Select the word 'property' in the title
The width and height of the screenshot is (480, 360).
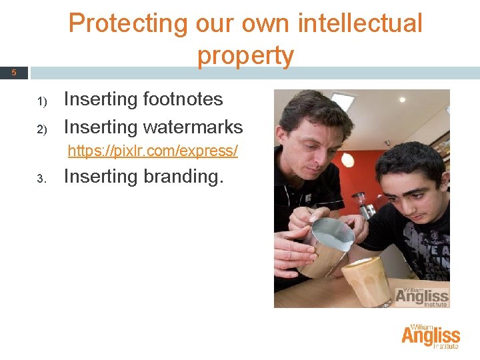(245, 56)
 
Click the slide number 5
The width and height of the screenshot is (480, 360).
(13, 73)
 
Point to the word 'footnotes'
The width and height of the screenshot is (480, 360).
(183, 99)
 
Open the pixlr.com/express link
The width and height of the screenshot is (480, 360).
(153, 151)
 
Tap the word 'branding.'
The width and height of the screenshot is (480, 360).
(183, 177)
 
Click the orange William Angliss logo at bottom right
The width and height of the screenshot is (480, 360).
(431, 337)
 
